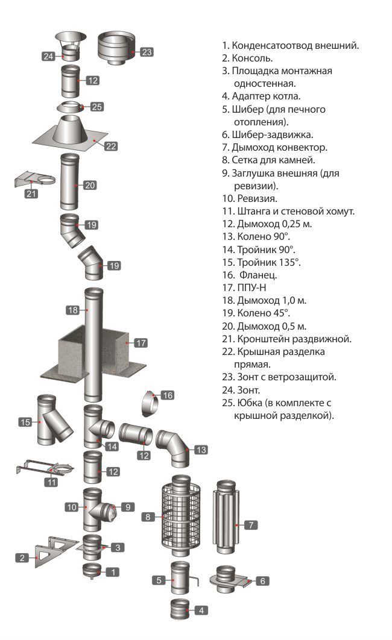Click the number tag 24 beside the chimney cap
pyautogui.click(x=49, y=56)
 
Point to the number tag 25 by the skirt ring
pyautogui.click(x=97, y=107)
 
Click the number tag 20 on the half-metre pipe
pyautogui.click(x=90, y=185)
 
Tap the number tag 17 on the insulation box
pyautogui.click(x=141, y=343)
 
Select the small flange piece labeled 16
pyautogui.click(x=150, y=403)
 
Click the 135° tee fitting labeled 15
pyautogui.click(x=52, y=420)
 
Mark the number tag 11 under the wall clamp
pyautogui.click(x=53, y=482)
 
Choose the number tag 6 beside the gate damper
pyautogui.click(x=262, y=581)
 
